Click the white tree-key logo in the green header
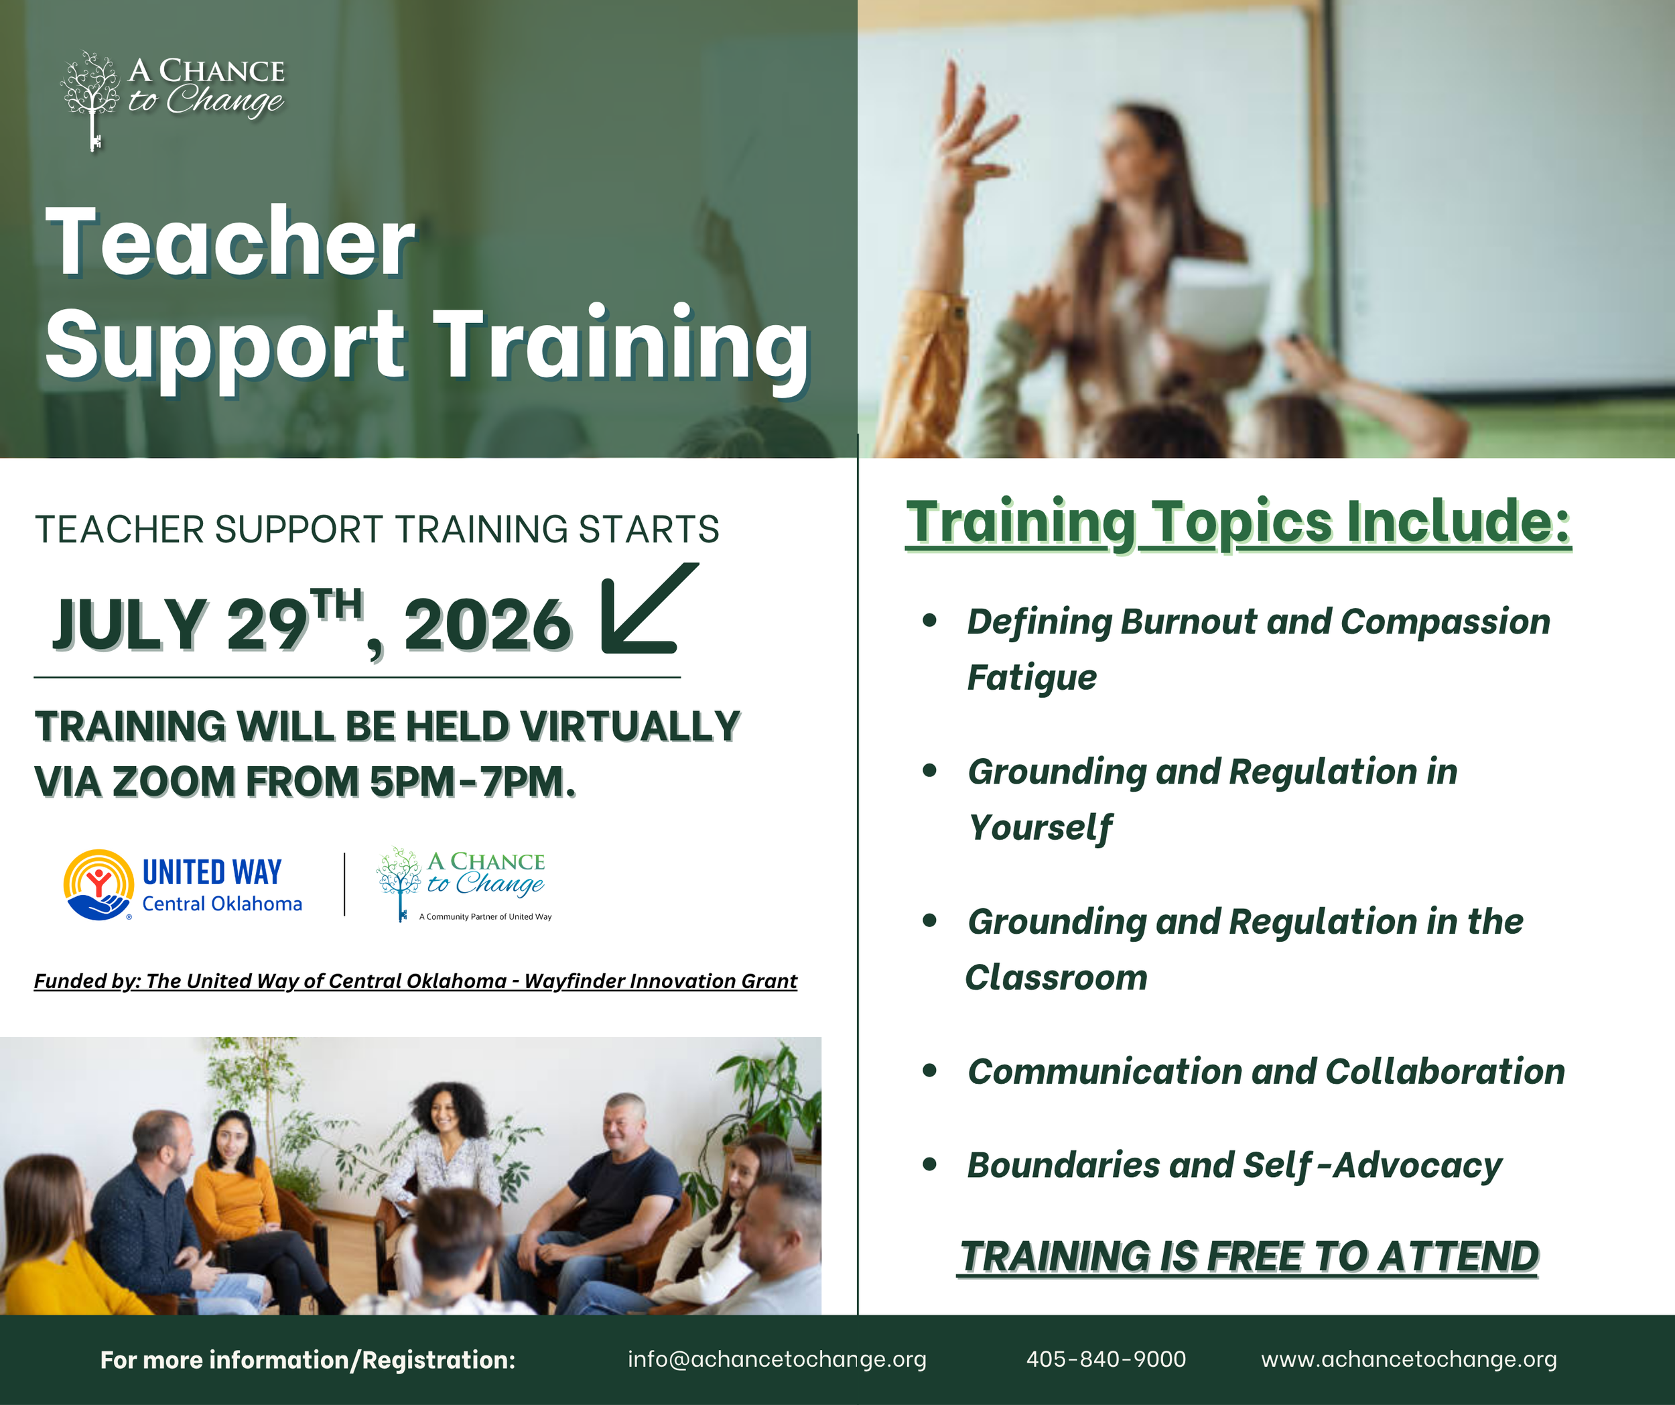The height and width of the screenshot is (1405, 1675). point(91,101)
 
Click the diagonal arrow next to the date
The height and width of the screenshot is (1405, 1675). point(649,608)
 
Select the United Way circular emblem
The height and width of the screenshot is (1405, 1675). point(98,885)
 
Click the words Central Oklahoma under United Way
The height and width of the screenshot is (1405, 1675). point(222,904)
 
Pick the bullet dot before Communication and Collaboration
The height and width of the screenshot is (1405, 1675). point(929,1071)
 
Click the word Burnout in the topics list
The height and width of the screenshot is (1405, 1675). point(1189,621)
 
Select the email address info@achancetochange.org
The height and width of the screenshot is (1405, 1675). point(777,1359)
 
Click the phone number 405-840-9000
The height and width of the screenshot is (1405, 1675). point(1106,1359)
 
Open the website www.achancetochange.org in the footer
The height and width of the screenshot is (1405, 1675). point(1408,1359)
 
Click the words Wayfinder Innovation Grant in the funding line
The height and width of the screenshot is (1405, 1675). point(661,981)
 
